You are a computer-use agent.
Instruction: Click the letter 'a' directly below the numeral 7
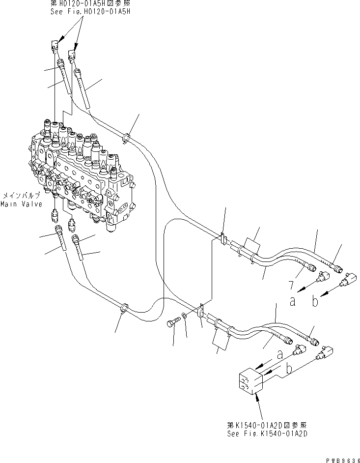point(293,301)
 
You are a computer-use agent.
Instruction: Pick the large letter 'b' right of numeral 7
point(315,301)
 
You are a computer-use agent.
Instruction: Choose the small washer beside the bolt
point(183,316)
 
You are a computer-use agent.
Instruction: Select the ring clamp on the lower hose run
point(124,308)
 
